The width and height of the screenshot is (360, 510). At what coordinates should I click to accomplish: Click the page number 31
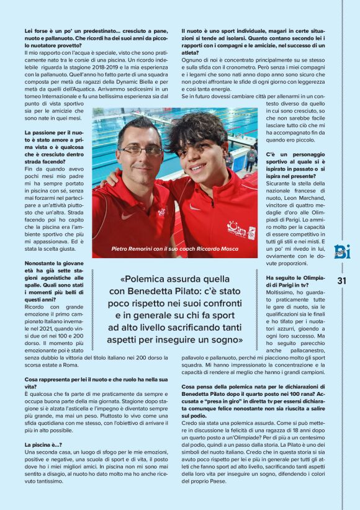[341, 280]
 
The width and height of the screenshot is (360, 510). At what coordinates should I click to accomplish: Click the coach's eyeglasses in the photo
[141, 150]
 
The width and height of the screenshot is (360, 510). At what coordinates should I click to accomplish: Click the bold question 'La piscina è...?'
[43, 445]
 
